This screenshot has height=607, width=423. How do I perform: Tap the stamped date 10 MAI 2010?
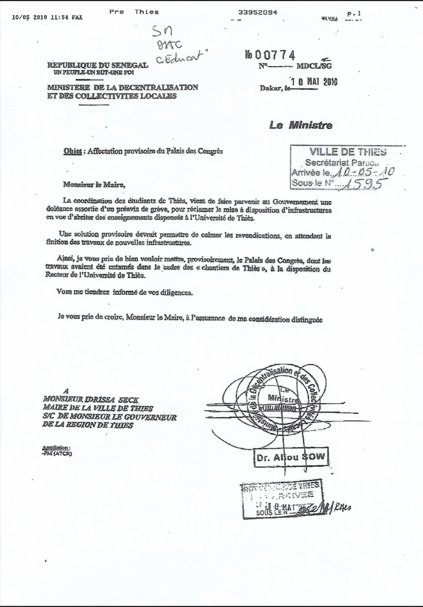[314, 82]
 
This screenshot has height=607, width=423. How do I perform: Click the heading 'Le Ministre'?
[301, 125]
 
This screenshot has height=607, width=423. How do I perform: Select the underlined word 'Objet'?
[72, 151]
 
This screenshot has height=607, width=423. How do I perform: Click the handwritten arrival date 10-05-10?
[364, 172]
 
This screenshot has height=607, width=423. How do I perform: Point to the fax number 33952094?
[258, 12]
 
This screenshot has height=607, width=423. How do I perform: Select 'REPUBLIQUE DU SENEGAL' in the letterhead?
[98, 65]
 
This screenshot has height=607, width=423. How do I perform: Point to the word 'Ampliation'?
[56, 447]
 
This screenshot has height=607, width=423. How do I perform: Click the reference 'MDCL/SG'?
[314, 66]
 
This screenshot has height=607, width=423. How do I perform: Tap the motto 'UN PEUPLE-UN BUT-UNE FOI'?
[91, 72]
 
